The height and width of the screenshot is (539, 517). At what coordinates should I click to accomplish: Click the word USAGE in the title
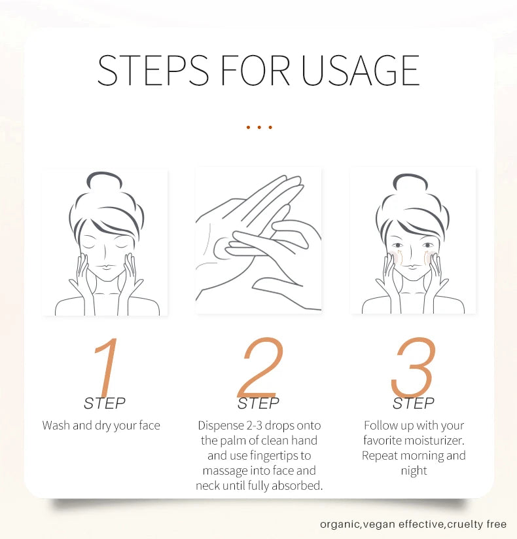tap(361, 70)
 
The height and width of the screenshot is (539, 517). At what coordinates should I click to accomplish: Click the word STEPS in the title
tap(153, 70)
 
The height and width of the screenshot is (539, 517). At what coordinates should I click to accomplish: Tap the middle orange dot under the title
tap(259, 127)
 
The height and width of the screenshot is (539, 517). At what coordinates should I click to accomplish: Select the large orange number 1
tap(105, 367)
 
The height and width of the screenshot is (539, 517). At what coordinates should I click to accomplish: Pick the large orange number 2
tap(260, 367)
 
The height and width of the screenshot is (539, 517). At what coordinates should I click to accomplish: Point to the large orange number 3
tap(413, 367)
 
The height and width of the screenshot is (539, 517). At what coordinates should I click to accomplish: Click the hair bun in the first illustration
tap(105, 180)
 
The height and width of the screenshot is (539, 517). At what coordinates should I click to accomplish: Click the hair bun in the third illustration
tap(410, 182)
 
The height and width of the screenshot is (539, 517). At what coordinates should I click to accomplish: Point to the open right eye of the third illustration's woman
tap(428, 245)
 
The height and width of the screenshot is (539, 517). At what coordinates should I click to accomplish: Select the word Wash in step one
tap(56, 425)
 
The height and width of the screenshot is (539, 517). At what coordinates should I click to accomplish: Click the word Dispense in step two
tap(221, 426)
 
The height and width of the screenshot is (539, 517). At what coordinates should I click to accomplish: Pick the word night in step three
tap(414, 471)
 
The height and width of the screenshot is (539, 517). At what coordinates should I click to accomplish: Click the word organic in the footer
tap(340, 524)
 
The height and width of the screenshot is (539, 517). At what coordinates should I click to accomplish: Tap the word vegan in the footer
tap(380, 525)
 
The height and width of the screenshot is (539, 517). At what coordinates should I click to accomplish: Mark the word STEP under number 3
tap(413, 403)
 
